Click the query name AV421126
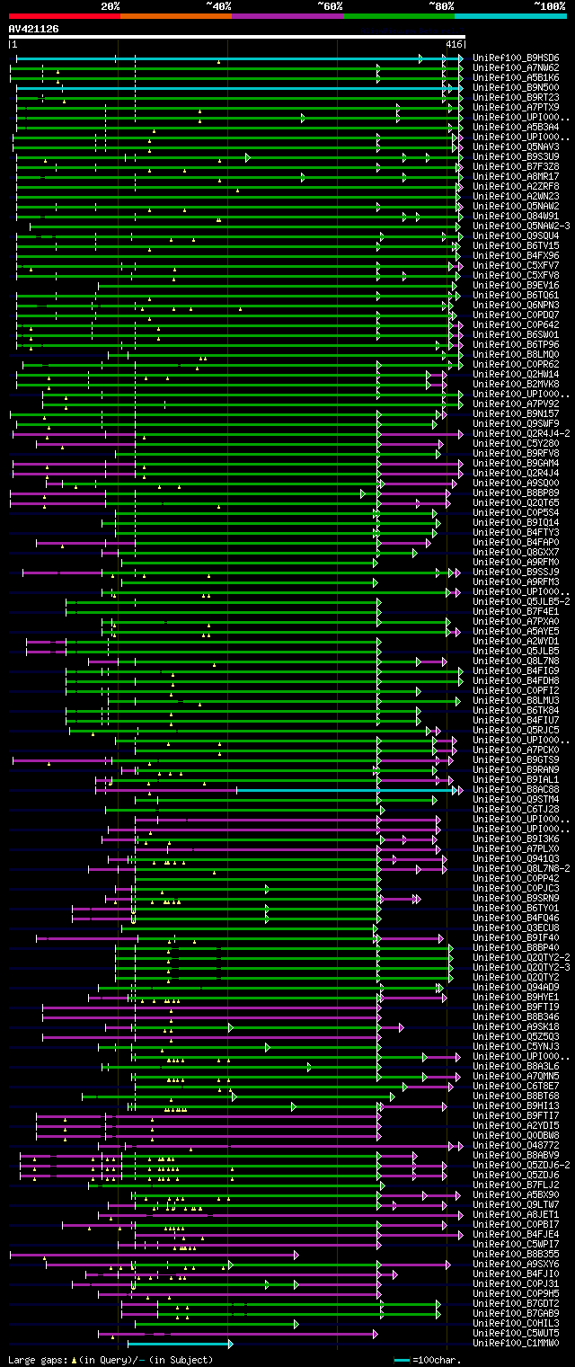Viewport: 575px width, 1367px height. click(34, 29)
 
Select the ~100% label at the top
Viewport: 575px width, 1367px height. click(549, 6)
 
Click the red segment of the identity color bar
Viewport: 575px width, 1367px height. click(64, 16)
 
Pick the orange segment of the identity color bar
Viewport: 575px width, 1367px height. click(175, 16)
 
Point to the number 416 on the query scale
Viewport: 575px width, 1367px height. click(453, 44)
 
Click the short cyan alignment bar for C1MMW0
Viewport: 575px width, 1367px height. click(180, 1344)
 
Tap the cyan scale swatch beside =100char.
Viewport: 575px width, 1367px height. click(402, 1360)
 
